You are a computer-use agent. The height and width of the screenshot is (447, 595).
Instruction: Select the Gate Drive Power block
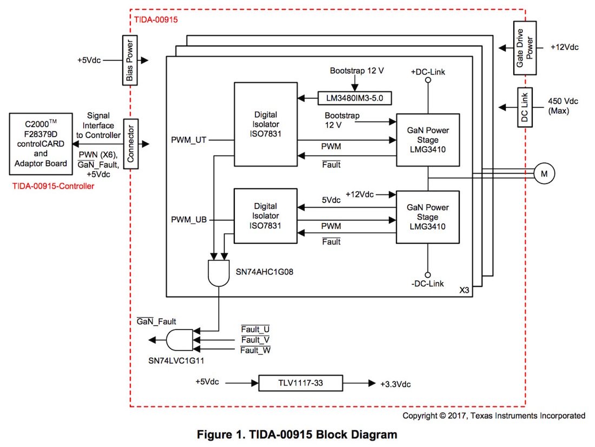click(524, 48)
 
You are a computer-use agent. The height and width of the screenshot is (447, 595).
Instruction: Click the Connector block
click(130, 144)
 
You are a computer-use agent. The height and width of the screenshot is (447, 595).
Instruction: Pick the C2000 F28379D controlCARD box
click(43, 144)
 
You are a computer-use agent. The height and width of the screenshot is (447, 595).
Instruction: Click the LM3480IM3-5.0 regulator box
click(354, 98)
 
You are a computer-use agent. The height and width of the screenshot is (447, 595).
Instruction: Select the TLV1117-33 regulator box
click(300, 383)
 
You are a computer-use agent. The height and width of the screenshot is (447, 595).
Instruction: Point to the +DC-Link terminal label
click(428, 71)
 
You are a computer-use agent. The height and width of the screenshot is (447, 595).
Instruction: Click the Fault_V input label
click(255, 340)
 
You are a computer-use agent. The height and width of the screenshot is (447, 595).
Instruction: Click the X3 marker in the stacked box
click(464, 290)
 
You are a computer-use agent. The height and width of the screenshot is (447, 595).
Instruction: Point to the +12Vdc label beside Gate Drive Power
click(565, 48)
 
